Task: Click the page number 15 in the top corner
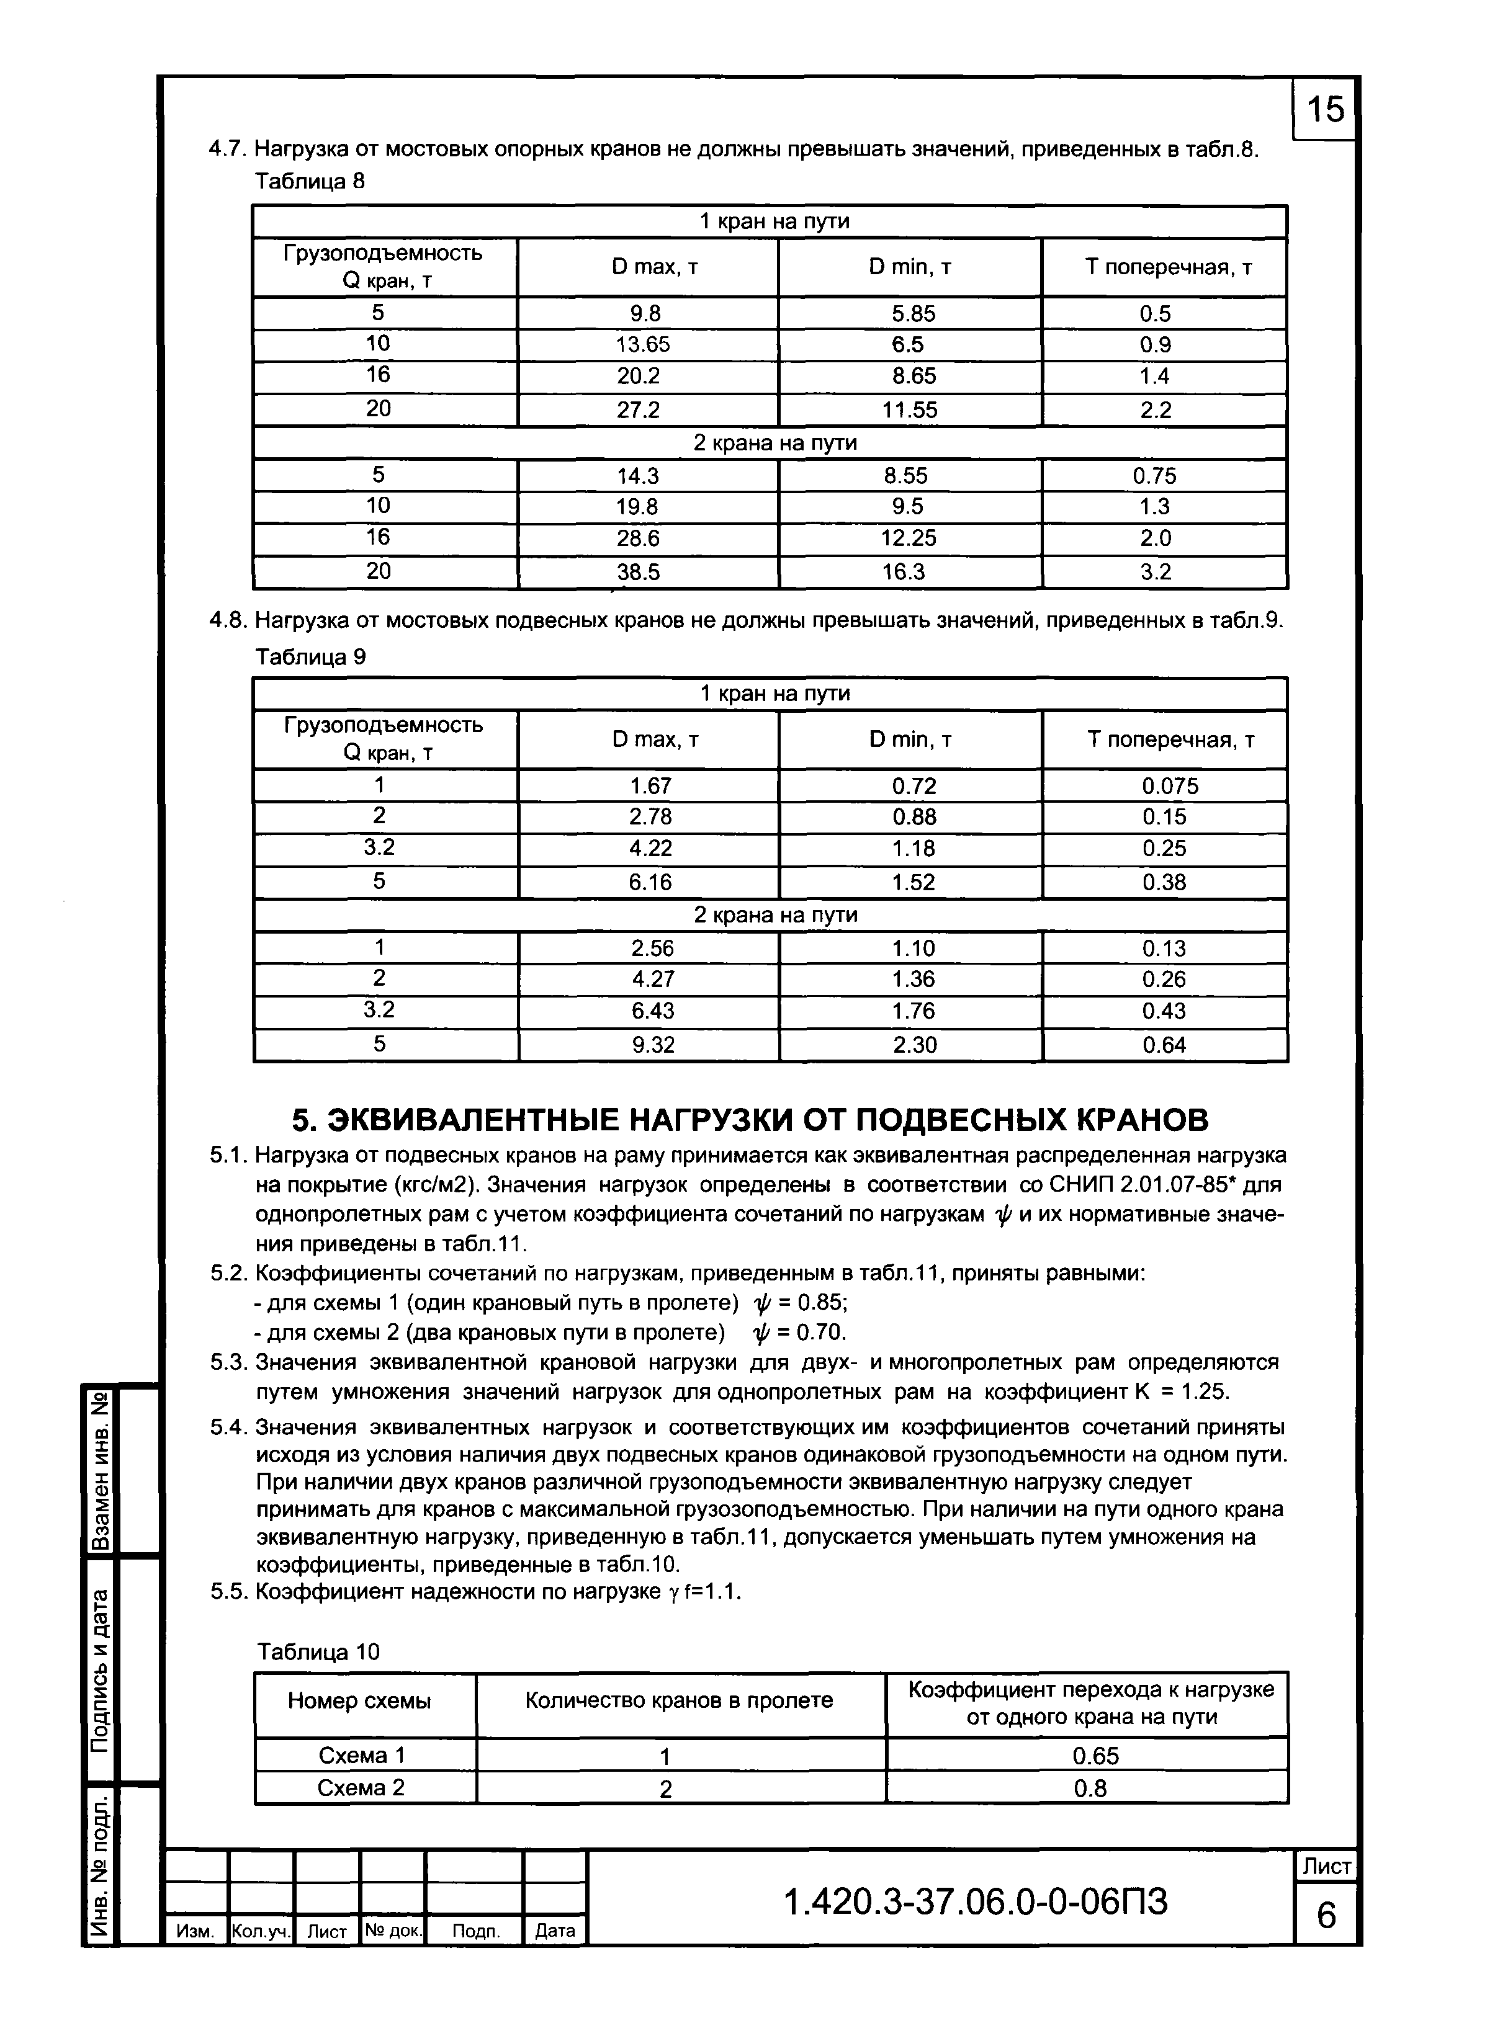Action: tap(1326, 109)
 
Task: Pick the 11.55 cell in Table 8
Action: tap(910, 410)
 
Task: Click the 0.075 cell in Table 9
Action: tap(1169, 786)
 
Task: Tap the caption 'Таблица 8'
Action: tap(310, 182)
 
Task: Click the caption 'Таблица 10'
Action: tap(318, 1652)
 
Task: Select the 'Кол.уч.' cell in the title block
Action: tap(261, 1931)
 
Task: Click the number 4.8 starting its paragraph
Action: tap(227, 620)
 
